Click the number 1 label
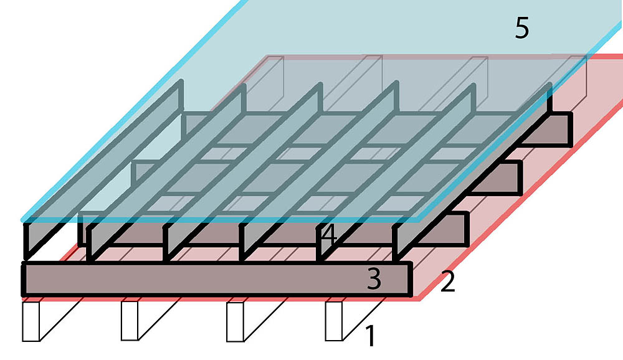pos(369,337)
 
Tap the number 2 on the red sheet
pos(447,282)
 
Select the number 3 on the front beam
pos(374,280)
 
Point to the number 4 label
pos(329,235)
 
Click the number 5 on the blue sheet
pos(522,29)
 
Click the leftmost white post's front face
pos(31,321)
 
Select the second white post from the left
pos(130,321)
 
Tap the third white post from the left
pos(234,321)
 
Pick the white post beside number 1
pos(333,321)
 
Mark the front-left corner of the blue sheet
pos(24,219)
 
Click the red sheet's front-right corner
pos(416,299)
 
